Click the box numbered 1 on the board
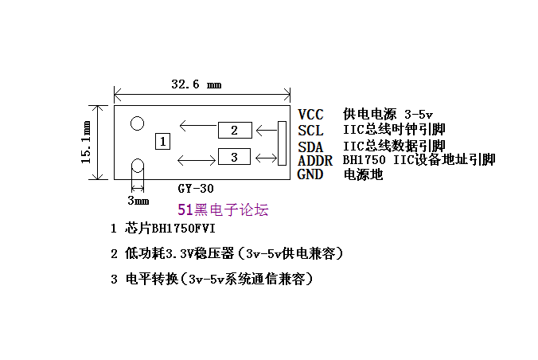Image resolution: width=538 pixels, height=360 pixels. pyautogui.click(x=162, y=142)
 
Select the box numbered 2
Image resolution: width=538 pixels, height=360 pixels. pyautogui.click(x=235, y=130)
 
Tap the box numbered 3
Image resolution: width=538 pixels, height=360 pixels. pyautogui.click(x=234, y=157)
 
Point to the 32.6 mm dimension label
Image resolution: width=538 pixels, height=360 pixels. pyautogui.click(x=197, y=84)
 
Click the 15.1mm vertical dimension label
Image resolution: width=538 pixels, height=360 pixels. pyautogui.click(x=86, y=142)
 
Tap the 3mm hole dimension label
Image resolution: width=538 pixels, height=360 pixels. pyautogui.click(x=138, y=200)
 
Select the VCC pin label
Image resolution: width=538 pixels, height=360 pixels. pyautogui.click(x=310, y=115)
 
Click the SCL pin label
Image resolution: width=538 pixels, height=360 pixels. pyautogui.click(x=310, y=131)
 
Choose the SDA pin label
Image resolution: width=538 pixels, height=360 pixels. pyautogui.click(x=310, y=147)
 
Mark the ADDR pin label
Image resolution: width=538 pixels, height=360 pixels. pyautogui.click(x=315, y=160)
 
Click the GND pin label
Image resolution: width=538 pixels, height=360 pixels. pyautogui.click(x=310, y=174)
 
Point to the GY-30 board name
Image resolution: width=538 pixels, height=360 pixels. pyautogui.click(x=196, y=189)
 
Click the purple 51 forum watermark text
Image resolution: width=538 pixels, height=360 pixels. pyautogui.click(x=223, y=209)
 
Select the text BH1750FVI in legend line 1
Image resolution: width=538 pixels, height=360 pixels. pyautogui.click(x=184, y=229)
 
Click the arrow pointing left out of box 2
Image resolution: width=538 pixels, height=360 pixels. pyautogui.click(x=198, y=126)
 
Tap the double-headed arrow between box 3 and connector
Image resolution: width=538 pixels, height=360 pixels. pyautogui.click(x=267, y=158)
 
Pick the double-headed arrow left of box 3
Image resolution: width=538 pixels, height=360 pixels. pyautogui.click(x=197, y=160)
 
